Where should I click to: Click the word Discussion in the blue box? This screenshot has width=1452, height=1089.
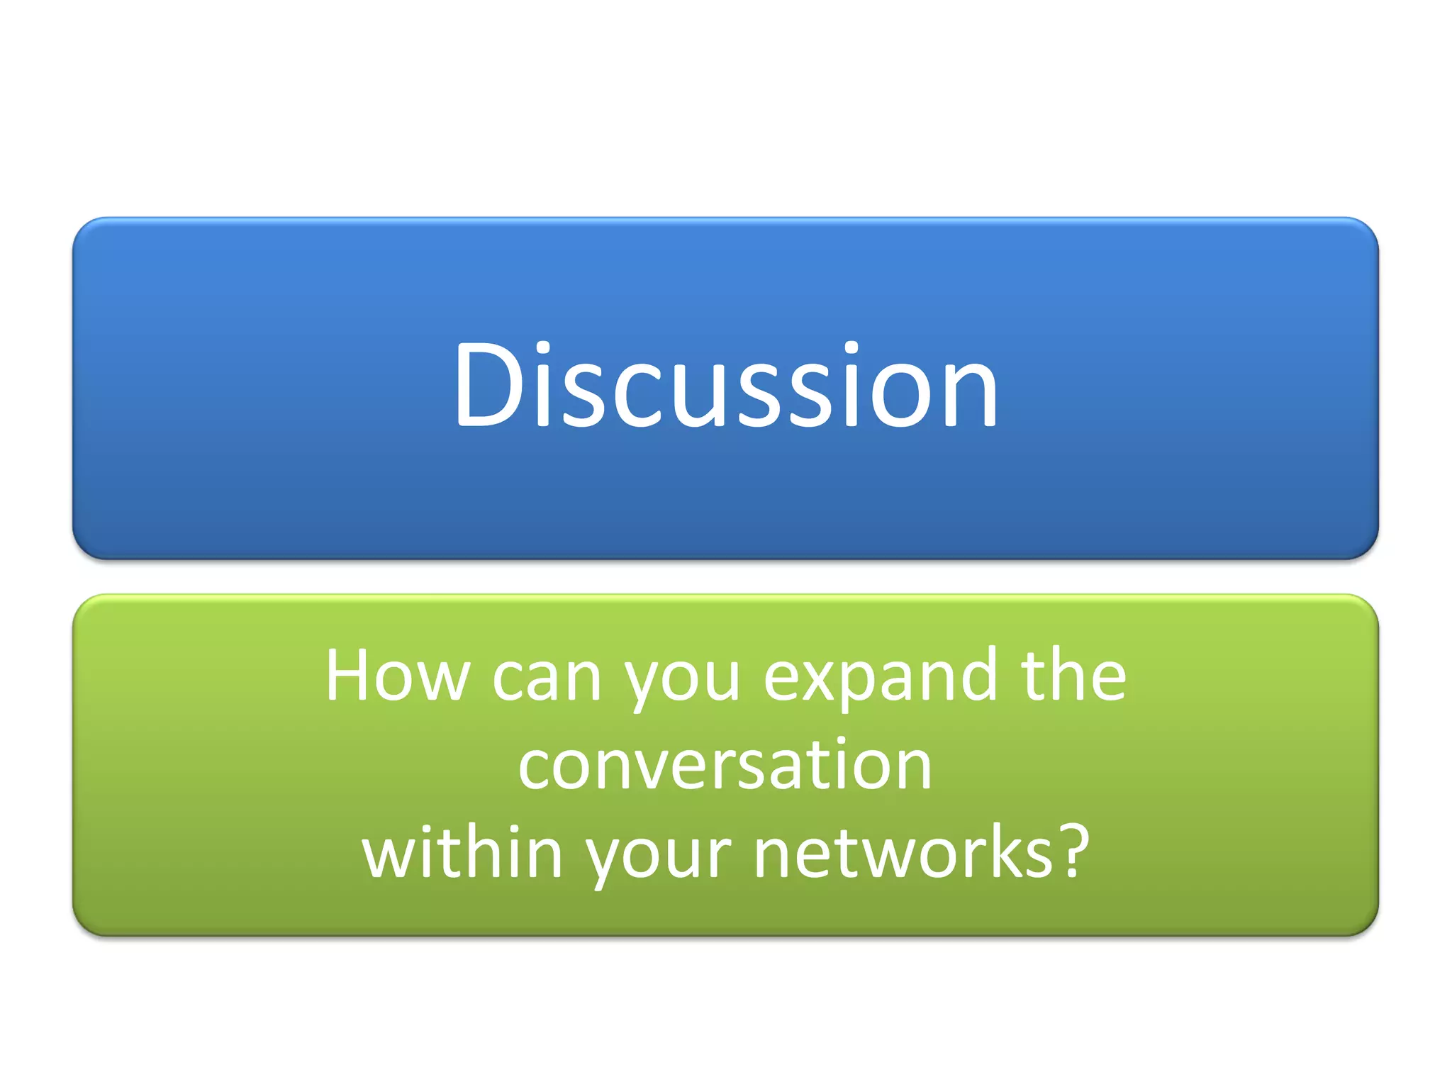pyautogui.click(x=726, y=386)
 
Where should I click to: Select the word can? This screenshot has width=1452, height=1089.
pyautogui.click(x=547, y=678)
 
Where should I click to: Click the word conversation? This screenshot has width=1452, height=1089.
pyautogui.click(x=725, y=766)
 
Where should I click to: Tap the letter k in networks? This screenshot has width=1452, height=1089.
pyautogui.click(x=1000, y=851)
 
